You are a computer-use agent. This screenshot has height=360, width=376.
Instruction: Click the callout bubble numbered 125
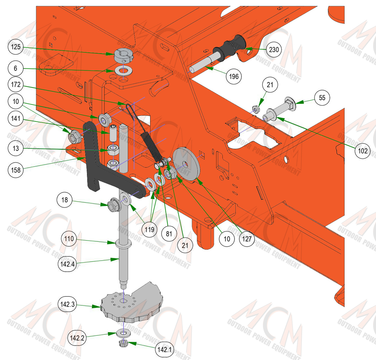[x=16, y=47]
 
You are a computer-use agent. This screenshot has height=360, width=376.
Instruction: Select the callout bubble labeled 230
[x=273, y=50]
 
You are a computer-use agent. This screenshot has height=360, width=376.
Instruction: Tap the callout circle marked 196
[x=234, y=77]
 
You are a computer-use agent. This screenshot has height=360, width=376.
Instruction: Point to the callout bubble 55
[x=322, y=98]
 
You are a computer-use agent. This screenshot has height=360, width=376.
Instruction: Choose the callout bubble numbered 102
[x=363, y=151]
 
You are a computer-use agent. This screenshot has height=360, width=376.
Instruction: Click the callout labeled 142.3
[x=67, y=304]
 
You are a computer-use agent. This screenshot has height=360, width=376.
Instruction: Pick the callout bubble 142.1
[x=164, y=349]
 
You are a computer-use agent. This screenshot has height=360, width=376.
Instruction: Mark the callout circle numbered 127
[x=247, y=239]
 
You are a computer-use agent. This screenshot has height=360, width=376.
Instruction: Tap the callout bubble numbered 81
[x=169, y=234]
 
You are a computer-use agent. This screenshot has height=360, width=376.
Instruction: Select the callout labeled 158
[x=16, y=170]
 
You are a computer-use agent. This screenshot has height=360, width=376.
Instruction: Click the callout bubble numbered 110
[x=69, y=239]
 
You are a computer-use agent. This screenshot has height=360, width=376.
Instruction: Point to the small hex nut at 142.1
[x=123, y=344]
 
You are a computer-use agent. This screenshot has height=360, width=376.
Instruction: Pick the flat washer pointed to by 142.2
[x=123, y=333]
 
